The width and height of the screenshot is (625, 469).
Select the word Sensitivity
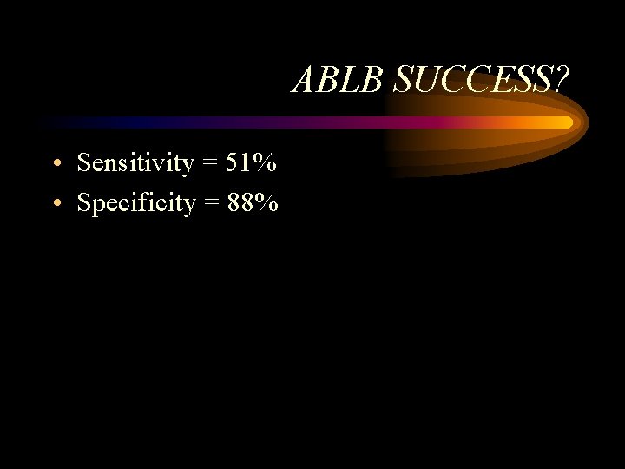(135, 162)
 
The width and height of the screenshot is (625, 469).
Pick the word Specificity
(135, 203)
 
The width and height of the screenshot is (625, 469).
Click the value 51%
(251, 162)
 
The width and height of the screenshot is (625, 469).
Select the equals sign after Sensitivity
(209, 163)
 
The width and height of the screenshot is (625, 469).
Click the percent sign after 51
(266, 162)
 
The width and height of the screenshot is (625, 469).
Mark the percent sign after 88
(268, 203)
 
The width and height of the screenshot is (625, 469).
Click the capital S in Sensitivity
(84, 162)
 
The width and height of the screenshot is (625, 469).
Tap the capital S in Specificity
(84, 203)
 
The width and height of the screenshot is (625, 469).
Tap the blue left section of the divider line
(113, 122)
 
